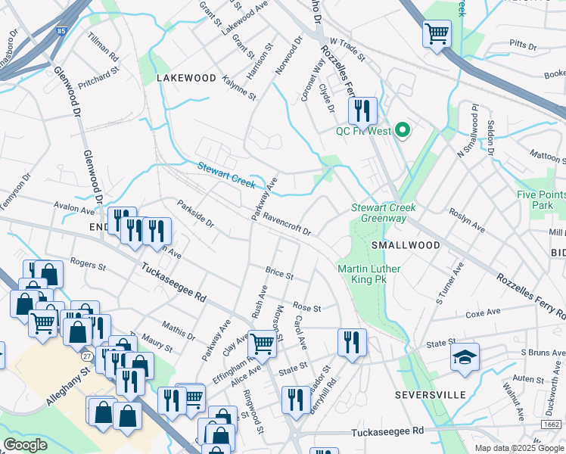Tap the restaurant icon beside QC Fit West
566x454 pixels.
click(x=362, y=111)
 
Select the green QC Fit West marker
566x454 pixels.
click(x=403, y=131)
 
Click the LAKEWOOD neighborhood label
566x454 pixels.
click(x=186, y=79)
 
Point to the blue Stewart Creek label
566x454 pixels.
click(x=226, y=176)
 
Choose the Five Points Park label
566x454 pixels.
click(x=541, y=200)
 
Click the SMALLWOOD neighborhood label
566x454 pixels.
click(x=406, y=245)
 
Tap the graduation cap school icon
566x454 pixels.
click(x=465, y=357)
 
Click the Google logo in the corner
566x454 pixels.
click(x=25, y=445)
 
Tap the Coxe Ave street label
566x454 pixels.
click(x=484, y=313)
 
